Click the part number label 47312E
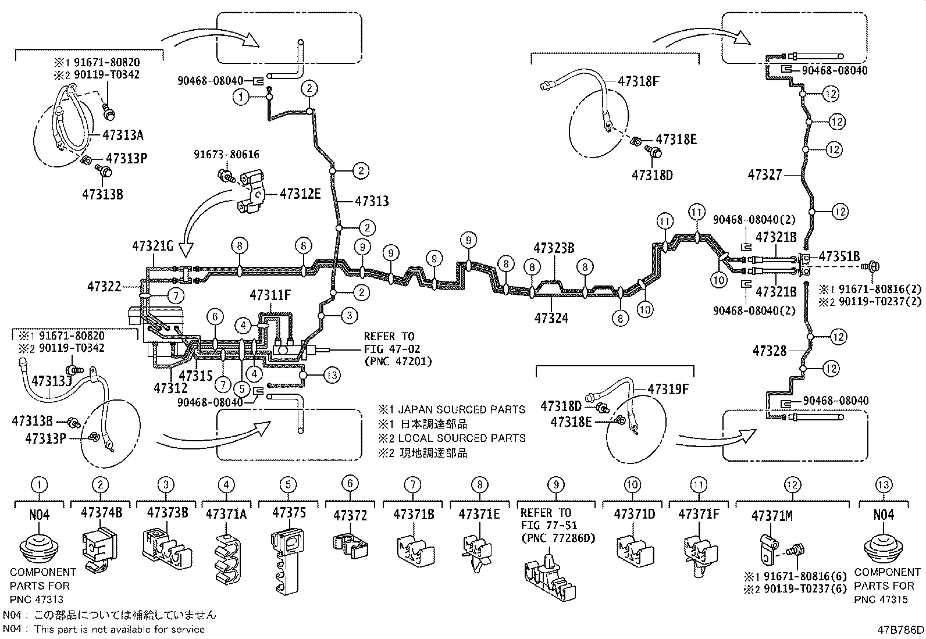pyautogui.click(x=300, y=194)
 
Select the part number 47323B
pyautogui.click(x=554, y=248)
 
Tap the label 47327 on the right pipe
pyautogui.click(x=765, y=174)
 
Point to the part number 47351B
pyautogui.click(x=839, y=256)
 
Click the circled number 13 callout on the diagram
pyautogui.click(x=331, y=376)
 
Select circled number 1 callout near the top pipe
pyautogui.click(x=241, y=97)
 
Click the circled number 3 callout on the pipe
pyautogui.click(x=349, y=316)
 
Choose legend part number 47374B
pyautogui.click(x=101, y=512)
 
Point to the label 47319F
pyautogui.click(x=668, y=389)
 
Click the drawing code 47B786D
pyautogui.click(x=901, y=630)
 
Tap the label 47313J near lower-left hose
pyautogui.click(x=51, y=381)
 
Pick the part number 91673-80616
pyautogui.click(x=227, y=155)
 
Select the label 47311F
pyautogui.click(x=270, y=295)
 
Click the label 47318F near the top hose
pyautogui.click(x=639, y=81)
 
